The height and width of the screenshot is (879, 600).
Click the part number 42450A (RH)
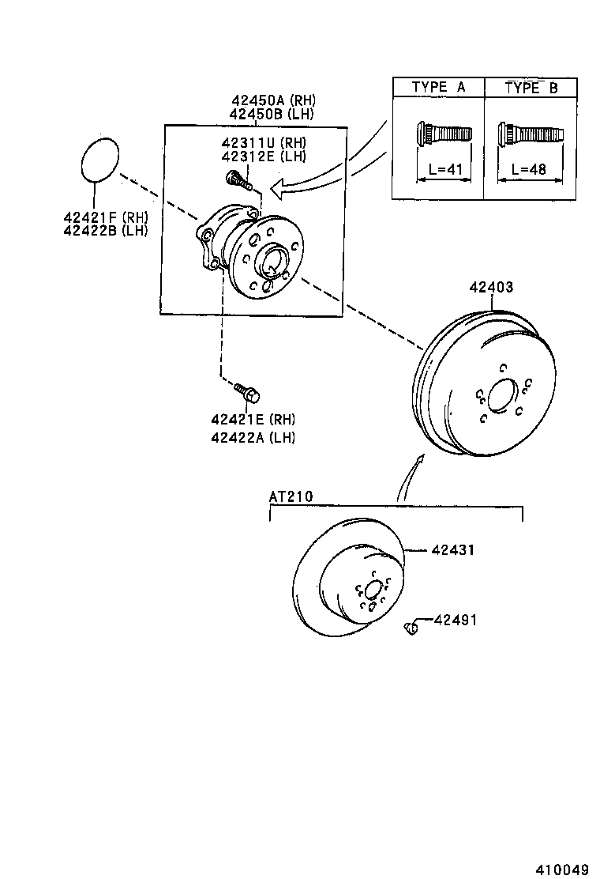(x=272, y=100)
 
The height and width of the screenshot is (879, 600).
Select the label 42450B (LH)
(x=272, y=114)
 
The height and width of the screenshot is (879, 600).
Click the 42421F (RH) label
(x=107, y=217)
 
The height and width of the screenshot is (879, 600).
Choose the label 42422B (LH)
(x=107, y=230)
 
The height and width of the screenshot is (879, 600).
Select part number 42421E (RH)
(x=253, y=419)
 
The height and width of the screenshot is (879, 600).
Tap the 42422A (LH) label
(x=253, y=437)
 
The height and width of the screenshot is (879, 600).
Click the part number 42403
(x=491, y=287)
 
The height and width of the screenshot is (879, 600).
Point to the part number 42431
(x=453, y=549)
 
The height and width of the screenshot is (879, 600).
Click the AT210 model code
(x=291, y=496)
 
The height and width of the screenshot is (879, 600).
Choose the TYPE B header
(x=531, y=88)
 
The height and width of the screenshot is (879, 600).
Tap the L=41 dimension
(x=438, y=169)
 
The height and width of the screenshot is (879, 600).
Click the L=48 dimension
(x=529, y=169)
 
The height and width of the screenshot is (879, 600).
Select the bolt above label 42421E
(x=247, y=390)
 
